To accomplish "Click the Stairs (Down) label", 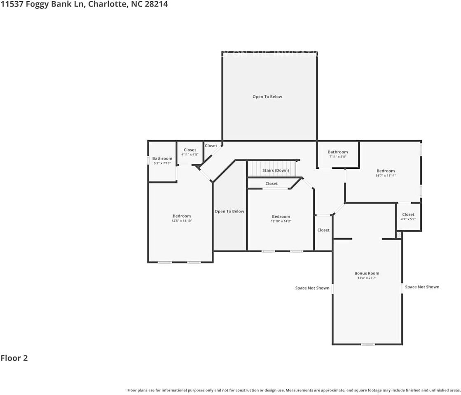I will point(276,170).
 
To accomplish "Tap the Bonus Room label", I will point(367,273).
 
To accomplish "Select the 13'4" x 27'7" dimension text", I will point(367,278).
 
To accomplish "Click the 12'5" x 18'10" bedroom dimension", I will point(182,221).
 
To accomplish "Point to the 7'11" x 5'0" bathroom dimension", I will point(338,157).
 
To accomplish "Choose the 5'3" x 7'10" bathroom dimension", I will point(162,163).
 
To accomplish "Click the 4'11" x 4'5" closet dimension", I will point(190,155).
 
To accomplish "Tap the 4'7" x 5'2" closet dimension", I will point(408,219).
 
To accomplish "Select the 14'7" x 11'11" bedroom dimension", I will point(386,176).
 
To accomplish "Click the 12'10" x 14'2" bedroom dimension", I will point(281,221).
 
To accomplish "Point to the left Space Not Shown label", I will point(312,288).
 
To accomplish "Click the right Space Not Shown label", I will point(422,287).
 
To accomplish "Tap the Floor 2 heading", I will point(14,358).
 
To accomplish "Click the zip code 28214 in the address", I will point(156,5).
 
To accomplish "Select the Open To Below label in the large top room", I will point(267,97).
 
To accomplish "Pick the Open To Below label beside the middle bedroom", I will point(229,211).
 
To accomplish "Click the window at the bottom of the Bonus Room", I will point(368,344).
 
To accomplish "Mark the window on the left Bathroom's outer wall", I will point(148,160).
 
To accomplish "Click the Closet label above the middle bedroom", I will point(271,184).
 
